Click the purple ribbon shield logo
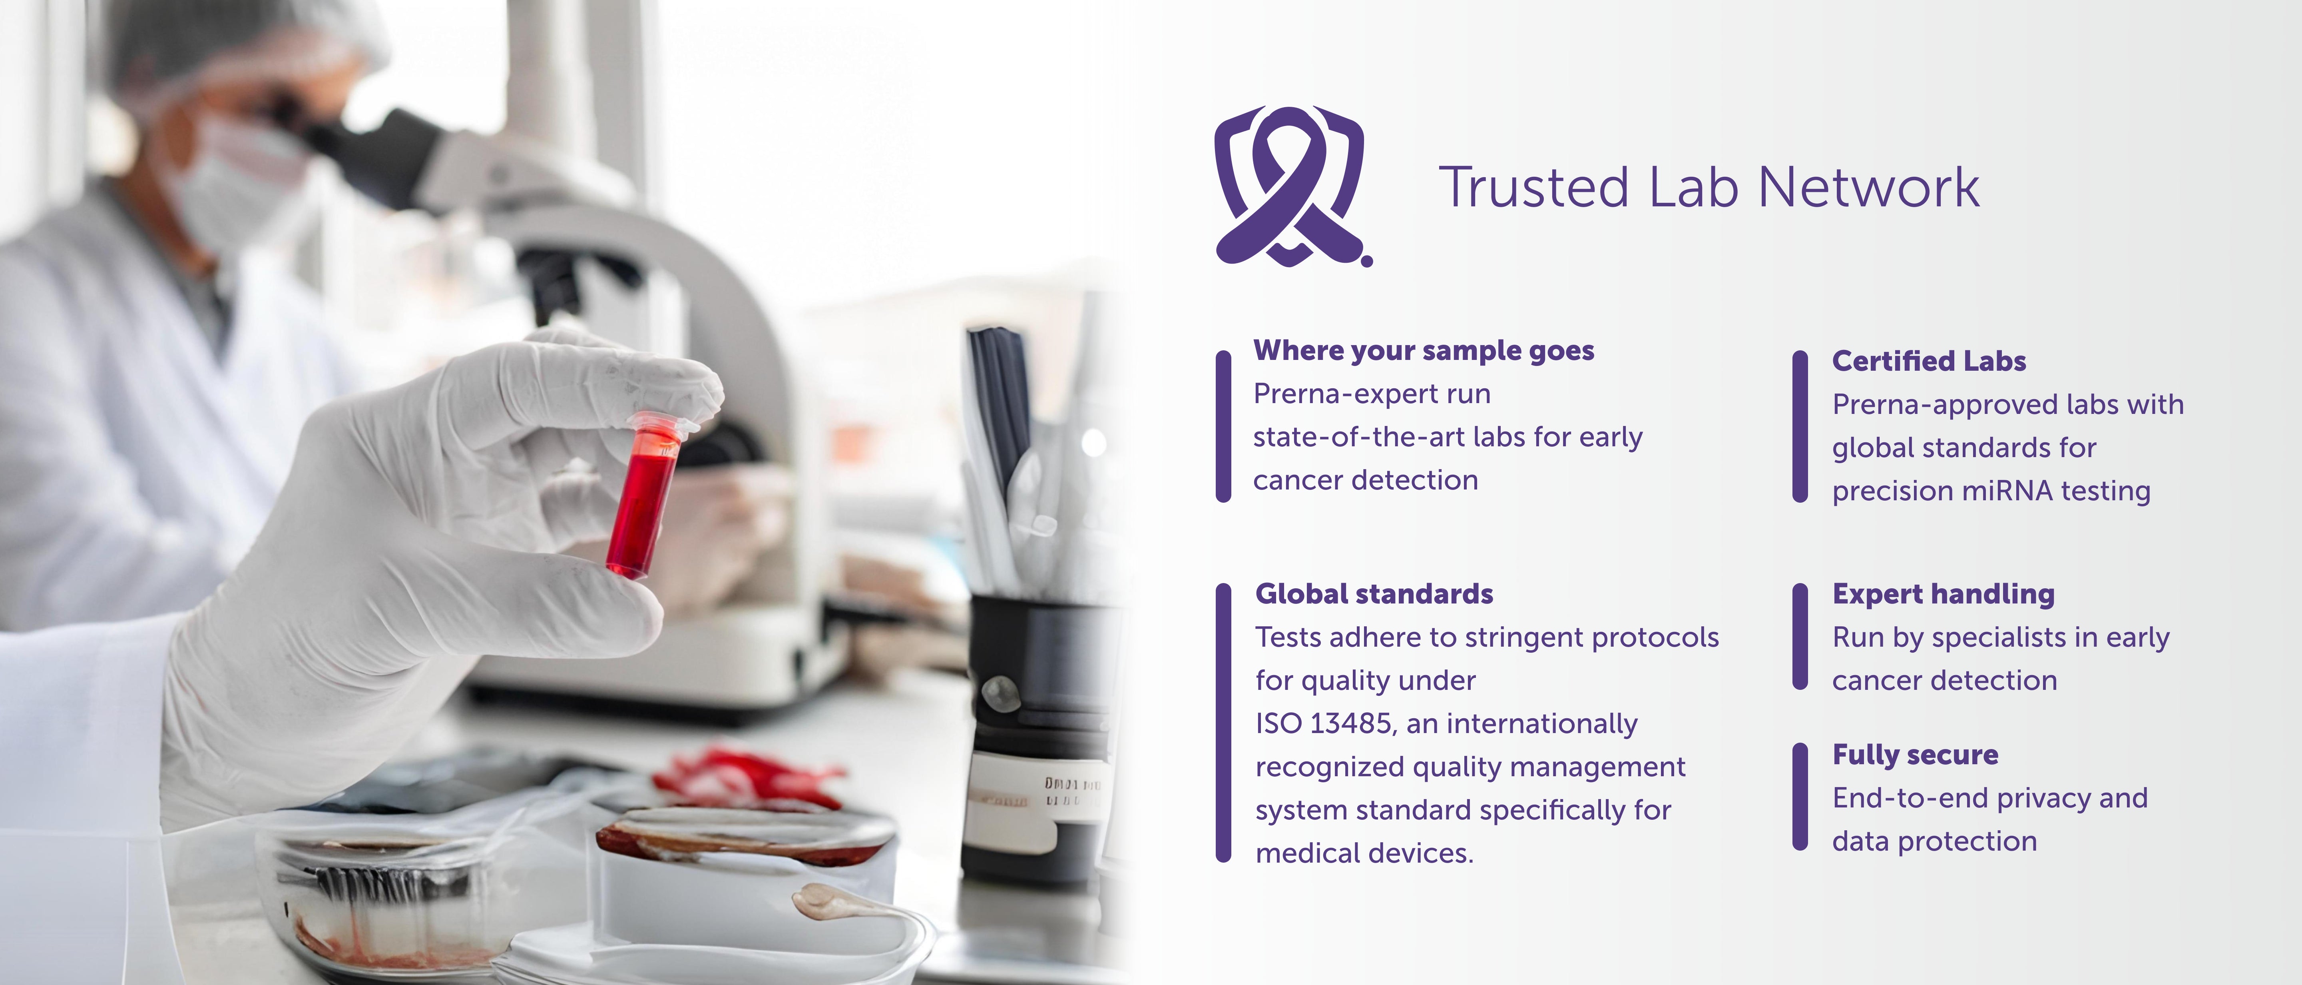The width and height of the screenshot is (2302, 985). coord(1291,186)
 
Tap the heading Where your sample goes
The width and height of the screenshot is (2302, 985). coord(1424,350)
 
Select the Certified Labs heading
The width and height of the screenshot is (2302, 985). coord(1928,361)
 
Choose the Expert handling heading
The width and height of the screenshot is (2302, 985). coord(1944,594)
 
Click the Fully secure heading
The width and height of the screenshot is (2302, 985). coord(1915,755)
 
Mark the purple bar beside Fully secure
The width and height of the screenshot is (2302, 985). coord(1800,795)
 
